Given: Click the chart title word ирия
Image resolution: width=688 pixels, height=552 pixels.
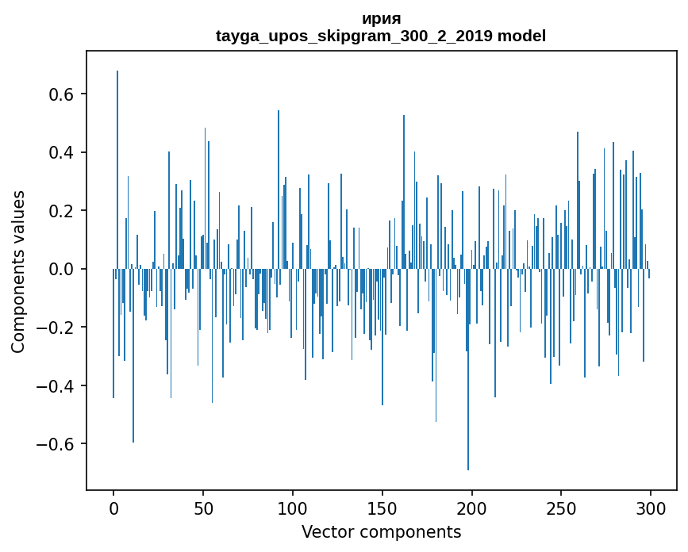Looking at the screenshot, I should click(381, 19).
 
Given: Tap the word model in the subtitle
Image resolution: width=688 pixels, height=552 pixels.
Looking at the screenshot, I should click(521, 36).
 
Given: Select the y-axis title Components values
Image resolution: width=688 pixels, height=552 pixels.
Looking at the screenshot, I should click(18, 271).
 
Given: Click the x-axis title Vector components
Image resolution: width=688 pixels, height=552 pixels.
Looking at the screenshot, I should click(381, 531).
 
